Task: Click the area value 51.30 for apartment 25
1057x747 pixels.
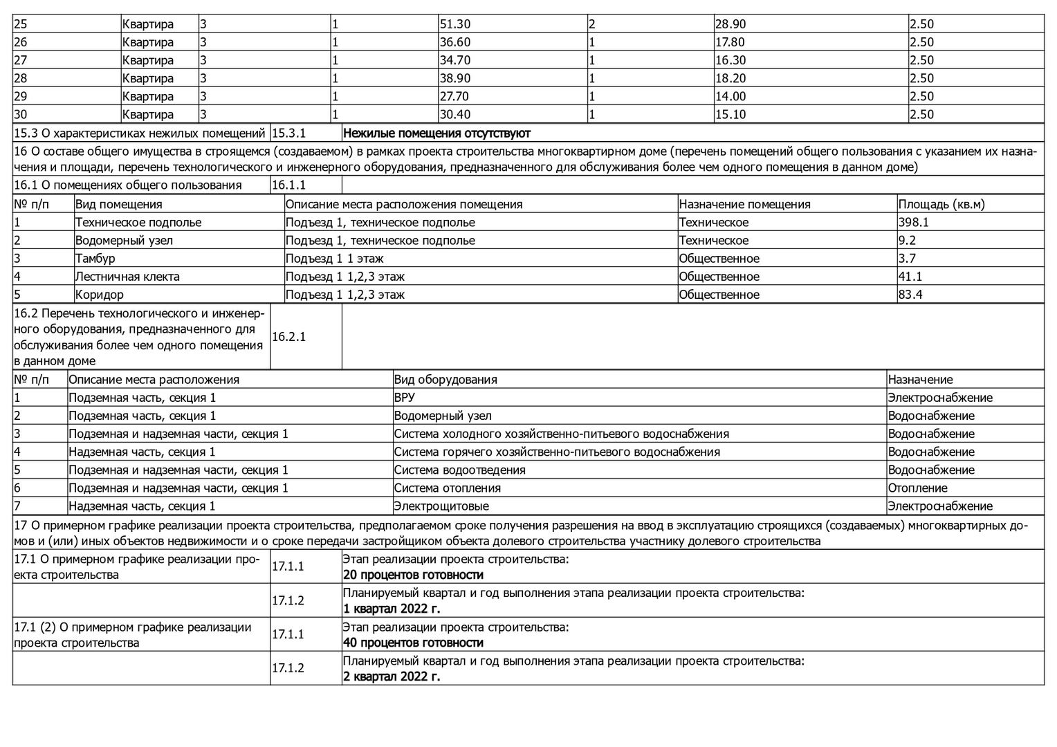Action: tap(455, 24)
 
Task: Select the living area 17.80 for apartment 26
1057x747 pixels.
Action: tap(730, 42)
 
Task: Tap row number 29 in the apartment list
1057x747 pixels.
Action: tap(21, 96)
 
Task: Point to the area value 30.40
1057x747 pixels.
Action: tap(455, 114)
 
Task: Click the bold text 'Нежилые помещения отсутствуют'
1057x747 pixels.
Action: tap(436, 133)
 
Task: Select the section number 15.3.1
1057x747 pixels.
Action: tap(289, 133)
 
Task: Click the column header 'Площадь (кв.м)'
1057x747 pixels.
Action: tap(941, 204)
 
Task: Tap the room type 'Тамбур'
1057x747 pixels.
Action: tap(95, 258)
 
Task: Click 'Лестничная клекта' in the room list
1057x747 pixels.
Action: tap(127, 276)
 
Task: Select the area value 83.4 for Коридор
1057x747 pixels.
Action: tap(910, 294)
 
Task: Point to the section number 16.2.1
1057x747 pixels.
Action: tap(289, 337)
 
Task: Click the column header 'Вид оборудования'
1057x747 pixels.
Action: tap(445, 379)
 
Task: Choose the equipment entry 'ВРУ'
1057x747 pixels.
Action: tap(405, 397)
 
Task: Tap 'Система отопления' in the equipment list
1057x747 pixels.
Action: tap(448, 488)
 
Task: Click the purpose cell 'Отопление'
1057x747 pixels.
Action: tap(917, 488)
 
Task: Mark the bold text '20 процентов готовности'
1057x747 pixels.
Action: tap(413, 575)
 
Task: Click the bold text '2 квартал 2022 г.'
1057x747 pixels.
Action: tap(392, 676)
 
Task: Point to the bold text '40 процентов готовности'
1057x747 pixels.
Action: tap(413, 643)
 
